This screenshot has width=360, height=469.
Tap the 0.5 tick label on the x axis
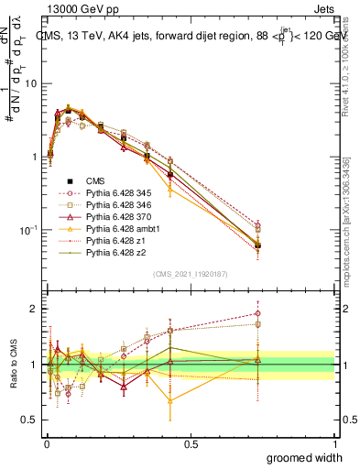coord(191,443)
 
